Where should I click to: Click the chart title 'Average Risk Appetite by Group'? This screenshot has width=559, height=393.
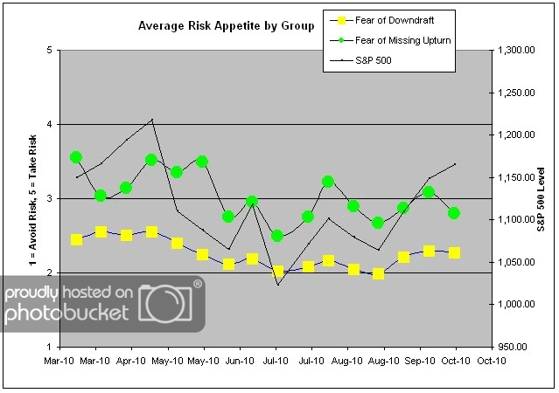point(226,26)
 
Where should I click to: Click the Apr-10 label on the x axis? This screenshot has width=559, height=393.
point(131,360)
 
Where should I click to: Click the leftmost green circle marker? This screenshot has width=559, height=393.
point(76,157)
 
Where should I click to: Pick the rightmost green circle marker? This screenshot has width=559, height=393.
point(454,213)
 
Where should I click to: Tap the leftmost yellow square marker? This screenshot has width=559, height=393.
point(76,239)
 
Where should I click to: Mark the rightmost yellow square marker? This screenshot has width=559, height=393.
point(454,252)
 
